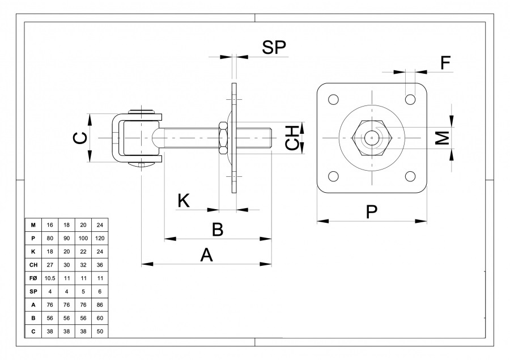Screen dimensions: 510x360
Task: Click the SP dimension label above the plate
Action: [x=274, y=48]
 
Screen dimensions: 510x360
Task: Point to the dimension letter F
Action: [x=445, y=63]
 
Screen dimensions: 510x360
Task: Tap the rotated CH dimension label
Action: [x=292, y=138]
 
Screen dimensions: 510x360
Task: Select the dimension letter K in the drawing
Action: [x=184, y=201]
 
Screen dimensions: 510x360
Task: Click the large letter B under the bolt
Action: [x=218, y=230]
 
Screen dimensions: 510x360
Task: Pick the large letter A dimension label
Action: [x=206, y=255]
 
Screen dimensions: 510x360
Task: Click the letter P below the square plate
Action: [x=371, y=212]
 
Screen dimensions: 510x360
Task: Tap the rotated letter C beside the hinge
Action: [x=80, y=138]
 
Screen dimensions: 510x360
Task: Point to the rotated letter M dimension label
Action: [x=443, y=138]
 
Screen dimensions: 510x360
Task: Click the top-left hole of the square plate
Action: [x=333, y=99]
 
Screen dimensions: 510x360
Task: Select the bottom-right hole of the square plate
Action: [x=410, y=176]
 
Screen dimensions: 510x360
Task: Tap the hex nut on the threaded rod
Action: [x=223, y=138]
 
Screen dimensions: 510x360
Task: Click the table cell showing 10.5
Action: [x=50, y=278]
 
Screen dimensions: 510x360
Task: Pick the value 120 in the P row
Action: [x=100, y=238]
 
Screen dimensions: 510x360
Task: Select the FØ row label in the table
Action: [x=33, y=278]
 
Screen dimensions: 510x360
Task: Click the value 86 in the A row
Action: [x=100, y=305]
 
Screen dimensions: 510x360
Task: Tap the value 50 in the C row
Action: [x=100, y=331]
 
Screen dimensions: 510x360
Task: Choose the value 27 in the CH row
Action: [x=50, y=265]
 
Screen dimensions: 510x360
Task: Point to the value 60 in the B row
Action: [x=100, y=318]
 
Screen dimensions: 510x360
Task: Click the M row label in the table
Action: [x=33, y=225]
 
